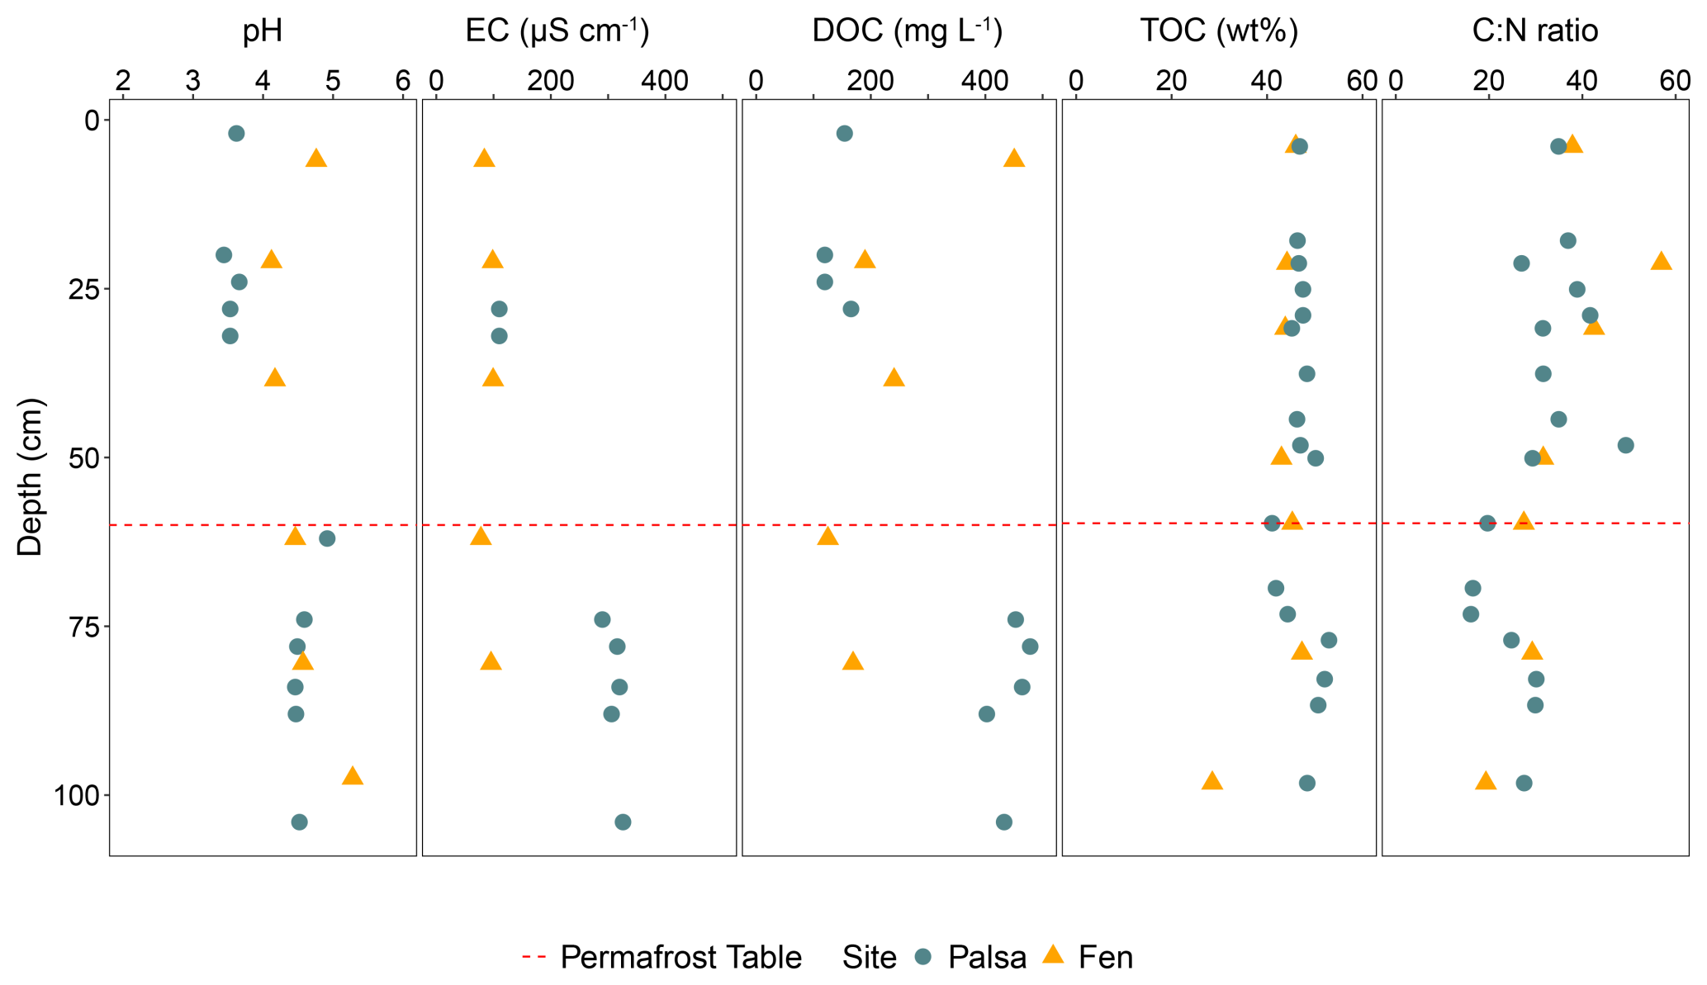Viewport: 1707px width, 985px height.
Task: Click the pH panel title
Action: click(263, 31)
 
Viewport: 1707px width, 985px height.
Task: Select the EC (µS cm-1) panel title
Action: click(557, 31)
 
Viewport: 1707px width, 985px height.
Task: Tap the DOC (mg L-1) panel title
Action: click(907, 31)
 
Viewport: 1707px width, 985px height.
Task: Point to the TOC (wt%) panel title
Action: click(1219, 31)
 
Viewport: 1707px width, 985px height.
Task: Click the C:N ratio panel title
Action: click(1535, 31)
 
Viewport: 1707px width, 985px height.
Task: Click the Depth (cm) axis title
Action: click(30, 477)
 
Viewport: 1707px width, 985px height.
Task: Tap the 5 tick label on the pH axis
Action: click(333, 81)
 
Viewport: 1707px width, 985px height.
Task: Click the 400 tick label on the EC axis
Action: click(665, 81)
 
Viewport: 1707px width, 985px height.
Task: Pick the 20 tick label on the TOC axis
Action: click(1171, 81)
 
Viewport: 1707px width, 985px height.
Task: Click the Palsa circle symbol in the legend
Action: click(923, 956)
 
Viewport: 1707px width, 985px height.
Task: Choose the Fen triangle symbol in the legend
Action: click(1053, 955)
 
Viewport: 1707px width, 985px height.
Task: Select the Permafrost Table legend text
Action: click(680, 957)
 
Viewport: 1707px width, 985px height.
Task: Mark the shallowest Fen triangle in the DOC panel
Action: click(1014, 159)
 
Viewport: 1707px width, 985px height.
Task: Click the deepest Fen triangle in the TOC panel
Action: click(1211, 781)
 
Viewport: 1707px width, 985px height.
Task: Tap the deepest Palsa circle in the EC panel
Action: click(623, 822)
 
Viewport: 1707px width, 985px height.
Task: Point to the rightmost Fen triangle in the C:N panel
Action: click(1661, 262)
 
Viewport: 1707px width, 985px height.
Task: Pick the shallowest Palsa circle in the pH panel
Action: click(236, 133)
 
